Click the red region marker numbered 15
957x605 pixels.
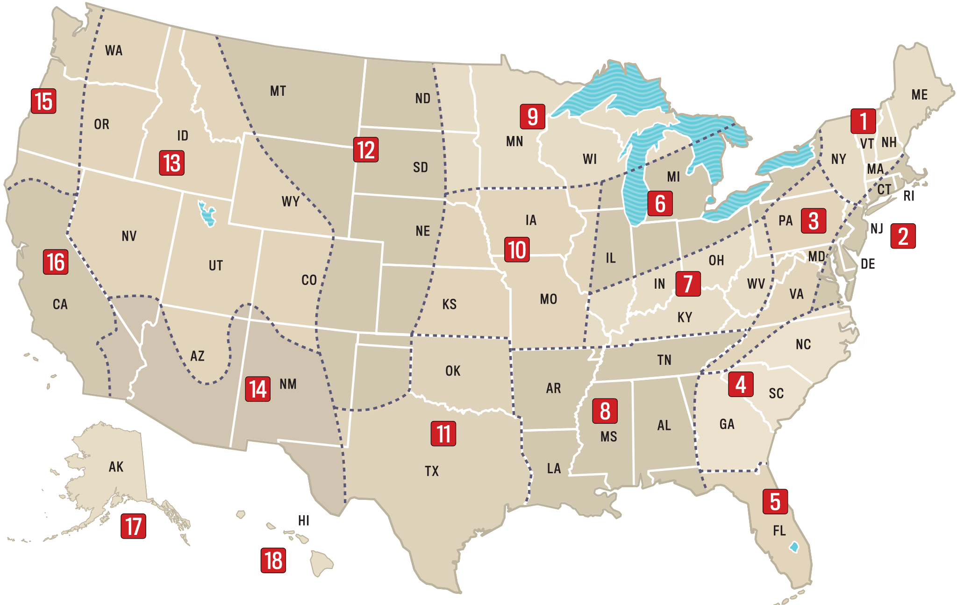44,101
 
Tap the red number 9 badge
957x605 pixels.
532,117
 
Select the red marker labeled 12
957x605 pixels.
366,150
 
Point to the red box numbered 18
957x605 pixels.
273,561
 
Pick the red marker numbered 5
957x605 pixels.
775,502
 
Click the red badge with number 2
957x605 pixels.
903,236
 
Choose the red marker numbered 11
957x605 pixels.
443,434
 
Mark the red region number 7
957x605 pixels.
688,284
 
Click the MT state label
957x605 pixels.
278,91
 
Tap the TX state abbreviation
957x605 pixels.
432,471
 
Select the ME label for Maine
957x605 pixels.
919,95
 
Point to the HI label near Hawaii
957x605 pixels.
304,520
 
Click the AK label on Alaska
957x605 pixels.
116,467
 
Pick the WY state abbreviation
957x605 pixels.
291,201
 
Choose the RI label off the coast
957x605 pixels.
908,196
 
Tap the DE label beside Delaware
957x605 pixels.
868,264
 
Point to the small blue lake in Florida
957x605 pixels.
794,547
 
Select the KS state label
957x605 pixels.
450,305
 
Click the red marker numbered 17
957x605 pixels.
133,526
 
